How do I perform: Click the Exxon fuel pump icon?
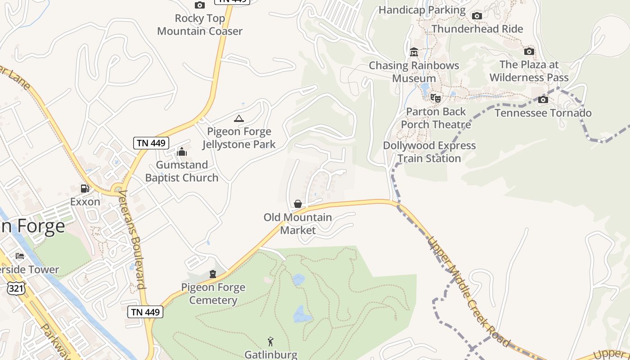(x=85, y=189)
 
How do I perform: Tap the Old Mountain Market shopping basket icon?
(x=297, y=204)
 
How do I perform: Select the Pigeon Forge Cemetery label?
(x=213, y=293)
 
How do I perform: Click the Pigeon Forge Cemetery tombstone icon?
(x=213, y=274)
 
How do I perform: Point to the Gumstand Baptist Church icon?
(x=182, y=152)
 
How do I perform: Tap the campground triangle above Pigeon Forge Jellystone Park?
(x=239, y=119)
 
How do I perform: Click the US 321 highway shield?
(x=16, y=288)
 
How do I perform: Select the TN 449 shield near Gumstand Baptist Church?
(x=151, y=143)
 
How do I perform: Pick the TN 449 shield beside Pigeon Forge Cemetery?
(x=145, y=312)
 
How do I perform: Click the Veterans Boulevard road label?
(x=132, y=238)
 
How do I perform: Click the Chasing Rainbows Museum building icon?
(x=414, y=52)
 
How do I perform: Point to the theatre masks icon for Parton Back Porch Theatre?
(x=435, y=98)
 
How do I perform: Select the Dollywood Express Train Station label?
(x=429, y=152)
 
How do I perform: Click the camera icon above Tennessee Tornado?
(x=543, y=99)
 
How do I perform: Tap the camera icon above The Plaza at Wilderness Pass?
(x=529, y=51)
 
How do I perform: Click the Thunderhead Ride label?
(x=477, y=29)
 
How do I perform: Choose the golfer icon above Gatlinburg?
(x=270, y=342)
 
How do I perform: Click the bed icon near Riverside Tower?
(x=20, y=256)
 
